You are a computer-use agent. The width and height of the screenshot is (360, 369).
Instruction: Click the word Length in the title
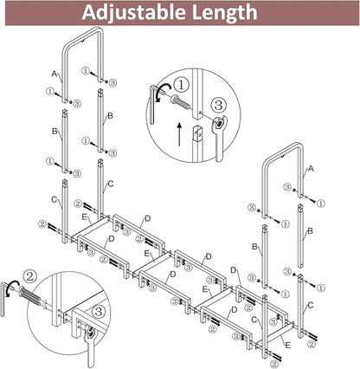coord(224,12)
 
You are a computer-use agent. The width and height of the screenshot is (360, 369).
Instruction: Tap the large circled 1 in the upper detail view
coord(181,86)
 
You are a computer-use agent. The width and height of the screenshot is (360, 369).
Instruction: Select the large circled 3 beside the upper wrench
coord(218,105)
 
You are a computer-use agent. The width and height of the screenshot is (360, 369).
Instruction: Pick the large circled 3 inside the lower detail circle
coord(99,311)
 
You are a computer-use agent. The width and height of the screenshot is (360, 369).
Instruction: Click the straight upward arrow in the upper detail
coord(179,134)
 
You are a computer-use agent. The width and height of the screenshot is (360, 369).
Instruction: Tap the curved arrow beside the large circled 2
coord(11,288)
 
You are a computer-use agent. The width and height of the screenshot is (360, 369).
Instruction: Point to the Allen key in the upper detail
coord(153,105)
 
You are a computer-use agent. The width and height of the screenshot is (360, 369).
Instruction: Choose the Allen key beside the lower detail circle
coord(3,299)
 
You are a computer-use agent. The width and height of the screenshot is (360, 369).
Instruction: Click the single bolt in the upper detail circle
coord(180,102)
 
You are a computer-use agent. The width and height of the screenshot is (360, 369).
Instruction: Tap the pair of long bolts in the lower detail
coord(33,296)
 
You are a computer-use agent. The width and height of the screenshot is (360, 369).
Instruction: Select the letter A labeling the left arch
coord(55,74)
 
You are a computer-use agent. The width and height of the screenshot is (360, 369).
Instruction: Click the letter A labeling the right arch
coord(311,169)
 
